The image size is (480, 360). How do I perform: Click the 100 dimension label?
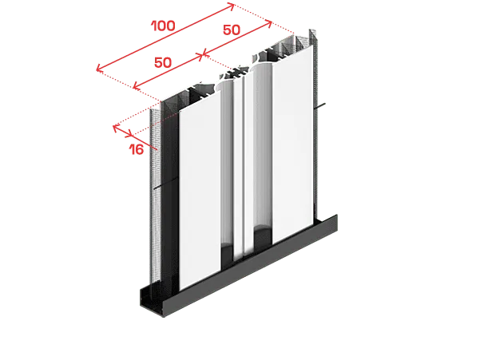[164, 26]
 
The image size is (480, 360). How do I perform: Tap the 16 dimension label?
[137, 149]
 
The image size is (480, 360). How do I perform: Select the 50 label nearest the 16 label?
[163, 62]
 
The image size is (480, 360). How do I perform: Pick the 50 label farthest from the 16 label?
[232, 30]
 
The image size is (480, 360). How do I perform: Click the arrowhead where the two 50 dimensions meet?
[202, 55]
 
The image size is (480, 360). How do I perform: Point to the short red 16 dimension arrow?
[123, 131]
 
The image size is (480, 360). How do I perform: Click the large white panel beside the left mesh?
[200, 191]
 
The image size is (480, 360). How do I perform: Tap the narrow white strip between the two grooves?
[238, 168]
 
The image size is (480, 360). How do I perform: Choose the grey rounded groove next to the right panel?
[263, 147]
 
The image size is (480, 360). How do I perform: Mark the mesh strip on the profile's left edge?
[156, 196]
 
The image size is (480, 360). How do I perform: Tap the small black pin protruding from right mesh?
[320, 106]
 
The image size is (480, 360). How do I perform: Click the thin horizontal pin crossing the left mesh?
[165, 184]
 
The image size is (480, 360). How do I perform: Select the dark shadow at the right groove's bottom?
[263, 237]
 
